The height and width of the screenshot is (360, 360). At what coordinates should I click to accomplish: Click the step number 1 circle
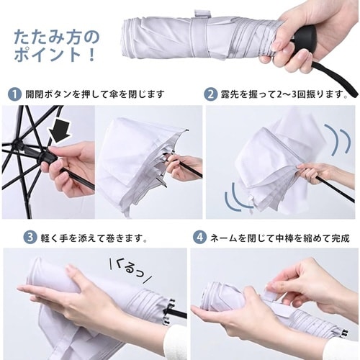click(14, 94)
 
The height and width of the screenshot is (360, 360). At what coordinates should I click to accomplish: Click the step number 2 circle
click(210, 94)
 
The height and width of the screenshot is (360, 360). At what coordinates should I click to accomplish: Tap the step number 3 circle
click(30, 238)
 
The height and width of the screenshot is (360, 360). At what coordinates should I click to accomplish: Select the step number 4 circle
click(199, 238)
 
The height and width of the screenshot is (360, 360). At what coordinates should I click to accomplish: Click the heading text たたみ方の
click(57, 37)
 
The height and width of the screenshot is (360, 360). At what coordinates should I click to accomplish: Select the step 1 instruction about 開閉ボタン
click(95, 94)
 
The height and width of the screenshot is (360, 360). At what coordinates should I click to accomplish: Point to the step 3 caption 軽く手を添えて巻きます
click(94, 238)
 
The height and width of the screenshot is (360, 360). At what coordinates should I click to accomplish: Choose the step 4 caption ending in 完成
click(280, 238)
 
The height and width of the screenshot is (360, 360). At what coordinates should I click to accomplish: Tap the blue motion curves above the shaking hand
click(338, 138)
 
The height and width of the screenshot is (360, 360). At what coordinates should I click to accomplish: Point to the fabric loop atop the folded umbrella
click(201, 14)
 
